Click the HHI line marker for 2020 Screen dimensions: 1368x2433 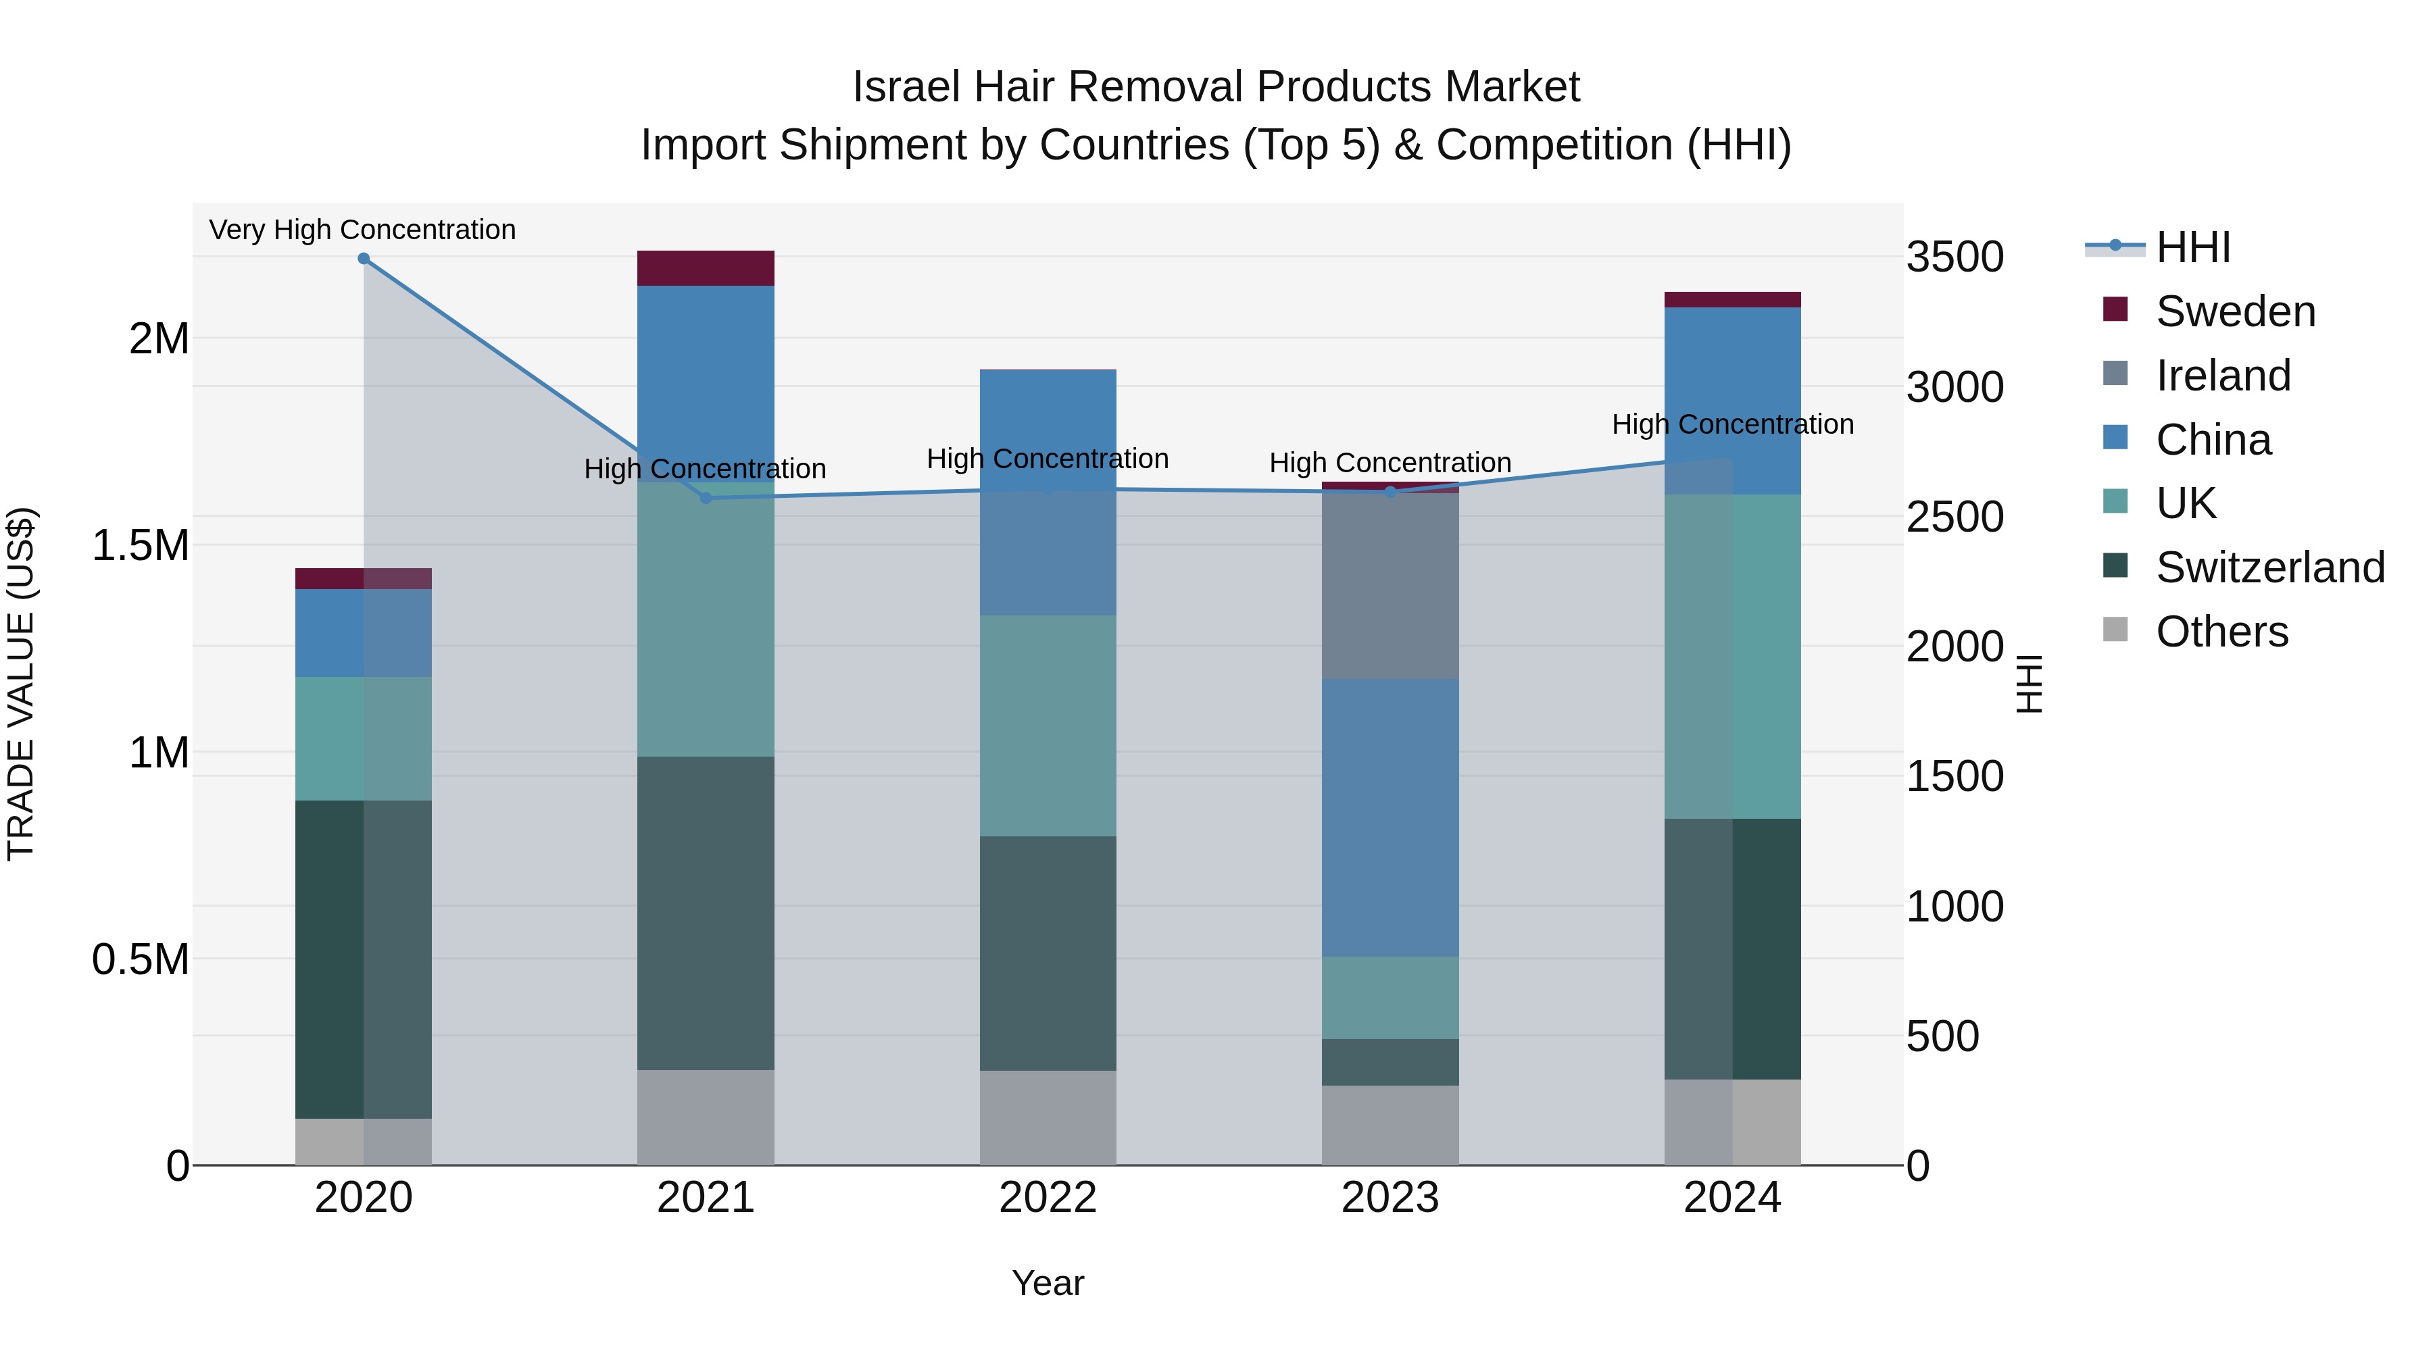pos(364,259)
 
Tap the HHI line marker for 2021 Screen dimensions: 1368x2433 pos(706,497)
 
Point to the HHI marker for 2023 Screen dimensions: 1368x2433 pos(1390,492)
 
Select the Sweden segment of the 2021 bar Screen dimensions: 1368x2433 pos(706,268)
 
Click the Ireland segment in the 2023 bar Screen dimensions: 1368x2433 pos(1390,585)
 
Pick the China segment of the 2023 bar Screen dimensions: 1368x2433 pos(1390,817)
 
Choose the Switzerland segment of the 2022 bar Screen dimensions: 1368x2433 pos(1048,953)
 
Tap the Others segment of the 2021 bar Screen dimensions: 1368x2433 pos(706,1118)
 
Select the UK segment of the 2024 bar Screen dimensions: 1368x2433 pos(1732,656)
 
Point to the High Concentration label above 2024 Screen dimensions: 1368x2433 pos(1732,425)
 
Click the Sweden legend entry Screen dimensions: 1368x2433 pos(2235,311)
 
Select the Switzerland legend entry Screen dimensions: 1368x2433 pos(2269,567)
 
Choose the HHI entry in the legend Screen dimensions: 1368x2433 pos(2193,247)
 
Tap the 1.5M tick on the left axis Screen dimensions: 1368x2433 pos(141,546)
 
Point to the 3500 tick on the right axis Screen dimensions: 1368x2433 pos(1954,257)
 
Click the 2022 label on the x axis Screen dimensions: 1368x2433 pos(1048,1198)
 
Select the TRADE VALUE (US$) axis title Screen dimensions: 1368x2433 pos(21,684)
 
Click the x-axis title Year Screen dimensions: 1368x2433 pos(1048,1283)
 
